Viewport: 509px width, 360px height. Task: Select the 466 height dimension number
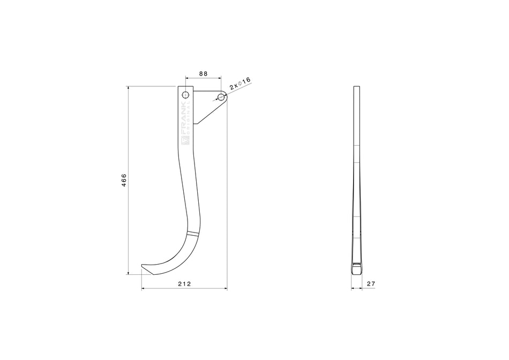(124, 180)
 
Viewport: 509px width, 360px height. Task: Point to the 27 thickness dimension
(370, 283)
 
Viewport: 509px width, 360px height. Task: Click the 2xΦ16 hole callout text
(240, 83)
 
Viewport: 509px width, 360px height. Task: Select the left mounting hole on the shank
(185, 95)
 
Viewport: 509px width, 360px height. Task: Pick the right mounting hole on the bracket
(221, 97)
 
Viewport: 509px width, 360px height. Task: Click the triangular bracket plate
(206, 104)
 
